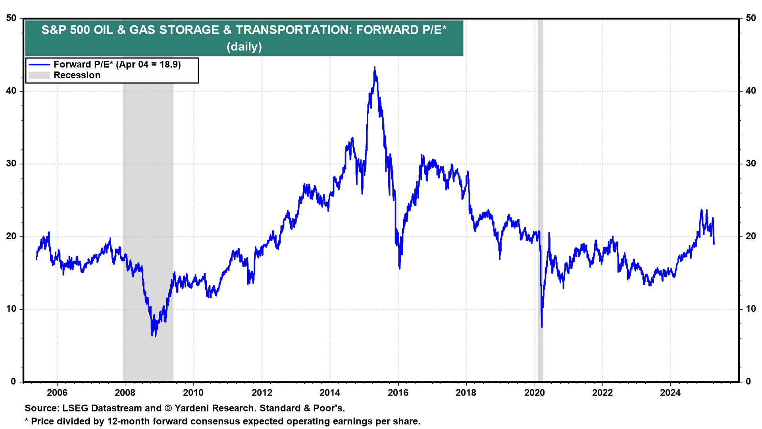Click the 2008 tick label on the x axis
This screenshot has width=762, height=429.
pyautogui.click(x=125, y=393)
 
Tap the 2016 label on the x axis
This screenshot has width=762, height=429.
pyautogui.click(x=398, y=393)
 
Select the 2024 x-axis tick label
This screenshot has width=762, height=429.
pyautogui.click(x=670, y=393)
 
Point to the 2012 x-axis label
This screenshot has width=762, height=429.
pyautogui.click(x=262, y=393)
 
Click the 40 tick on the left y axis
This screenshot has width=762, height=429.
pyautogui.click(x=11, y=91)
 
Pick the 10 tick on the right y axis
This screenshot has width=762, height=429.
pyautogui.click(x=751, y=309)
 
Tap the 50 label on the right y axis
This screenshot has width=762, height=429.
pyautogui.click(x=751, y=18)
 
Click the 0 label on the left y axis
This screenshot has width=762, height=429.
pyautogui.click(x=13, y=382)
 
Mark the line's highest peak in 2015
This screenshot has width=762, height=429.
pyautogui.click(x=374, y=68)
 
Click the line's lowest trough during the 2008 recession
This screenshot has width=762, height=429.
pyautogui.click(x=152, y=336)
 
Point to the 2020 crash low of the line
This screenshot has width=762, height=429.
pyautogui.click(x=542, y=327)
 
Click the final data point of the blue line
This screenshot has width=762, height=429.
pyautogui.click(x=714, y=243)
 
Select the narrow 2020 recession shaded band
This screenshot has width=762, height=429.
pyautogui.click(x=540, y=199)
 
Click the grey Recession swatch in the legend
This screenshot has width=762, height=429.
pyautogui.click(x=39, y=75)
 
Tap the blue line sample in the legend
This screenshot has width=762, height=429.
pyautogui.click(x=39, y=64)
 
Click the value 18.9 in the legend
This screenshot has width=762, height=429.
pyautogui.click(x=169, y=64)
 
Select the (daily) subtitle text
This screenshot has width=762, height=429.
pyautogui.click(x=244, y=47)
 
